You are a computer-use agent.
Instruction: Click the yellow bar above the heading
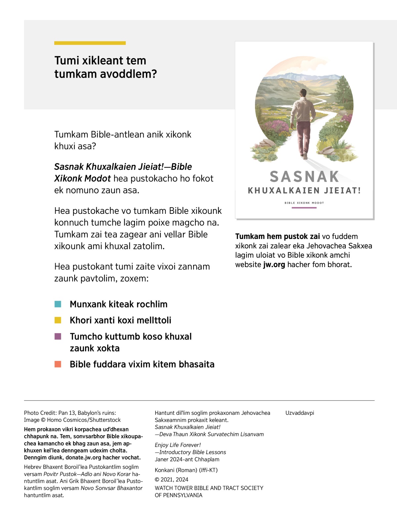[90, 43]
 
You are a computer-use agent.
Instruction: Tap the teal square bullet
[58, 304]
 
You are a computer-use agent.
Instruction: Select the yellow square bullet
[58, 320]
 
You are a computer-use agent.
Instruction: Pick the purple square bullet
[58, 336]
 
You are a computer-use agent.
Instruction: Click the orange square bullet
[58, 364]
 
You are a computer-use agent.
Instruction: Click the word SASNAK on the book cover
[304, 177]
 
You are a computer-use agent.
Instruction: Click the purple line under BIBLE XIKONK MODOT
[304, 208]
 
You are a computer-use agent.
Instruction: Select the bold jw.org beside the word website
[274, 265]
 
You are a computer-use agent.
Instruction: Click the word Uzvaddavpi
[300, 413]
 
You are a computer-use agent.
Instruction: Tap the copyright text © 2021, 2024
[171, 480]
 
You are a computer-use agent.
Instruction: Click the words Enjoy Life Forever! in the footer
[178, 445]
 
